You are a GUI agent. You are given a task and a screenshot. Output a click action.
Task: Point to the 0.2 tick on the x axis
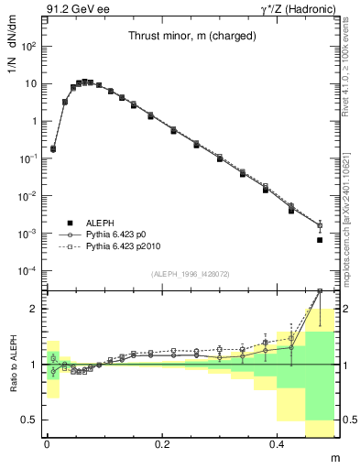[x=163, y=442]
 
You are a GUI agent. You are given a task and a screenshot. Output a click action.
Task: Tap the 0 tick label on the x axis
[x=48, y=442]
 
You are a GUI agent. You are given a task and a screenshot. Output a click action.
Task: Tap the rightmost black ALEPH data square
[x=320, y=240]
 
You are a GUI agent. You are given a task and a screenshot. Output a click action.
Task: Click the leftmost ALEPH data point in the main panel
[x=53, y=148]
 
